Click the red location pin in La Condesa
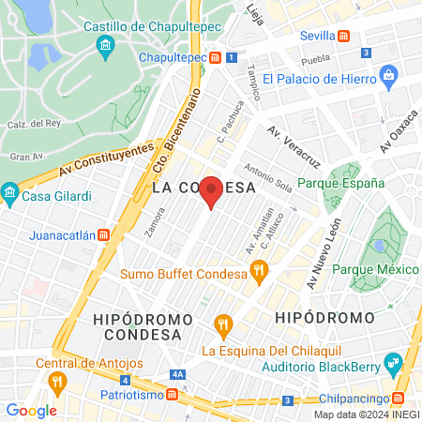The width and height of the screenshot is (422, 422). [212, 190]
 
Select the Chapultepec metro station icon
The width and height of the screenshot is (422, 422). [215, 57]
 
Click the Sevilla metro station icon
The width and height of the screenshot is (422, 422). [344, 37]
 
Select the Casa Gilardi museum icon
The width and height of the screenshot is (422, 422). [10, 196]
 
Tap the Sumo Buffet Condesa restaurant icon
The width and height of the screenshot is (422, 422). [260, 274]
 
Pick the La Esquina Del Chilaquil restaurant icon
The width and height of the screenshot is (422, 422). [222, 325]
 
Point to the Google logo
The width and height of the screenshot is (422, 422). [32, 410]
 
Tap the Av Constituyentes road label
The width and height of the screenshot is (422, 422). [104, 159]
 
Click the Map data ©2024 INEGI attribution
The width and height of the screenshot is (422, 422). [366, 414]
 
